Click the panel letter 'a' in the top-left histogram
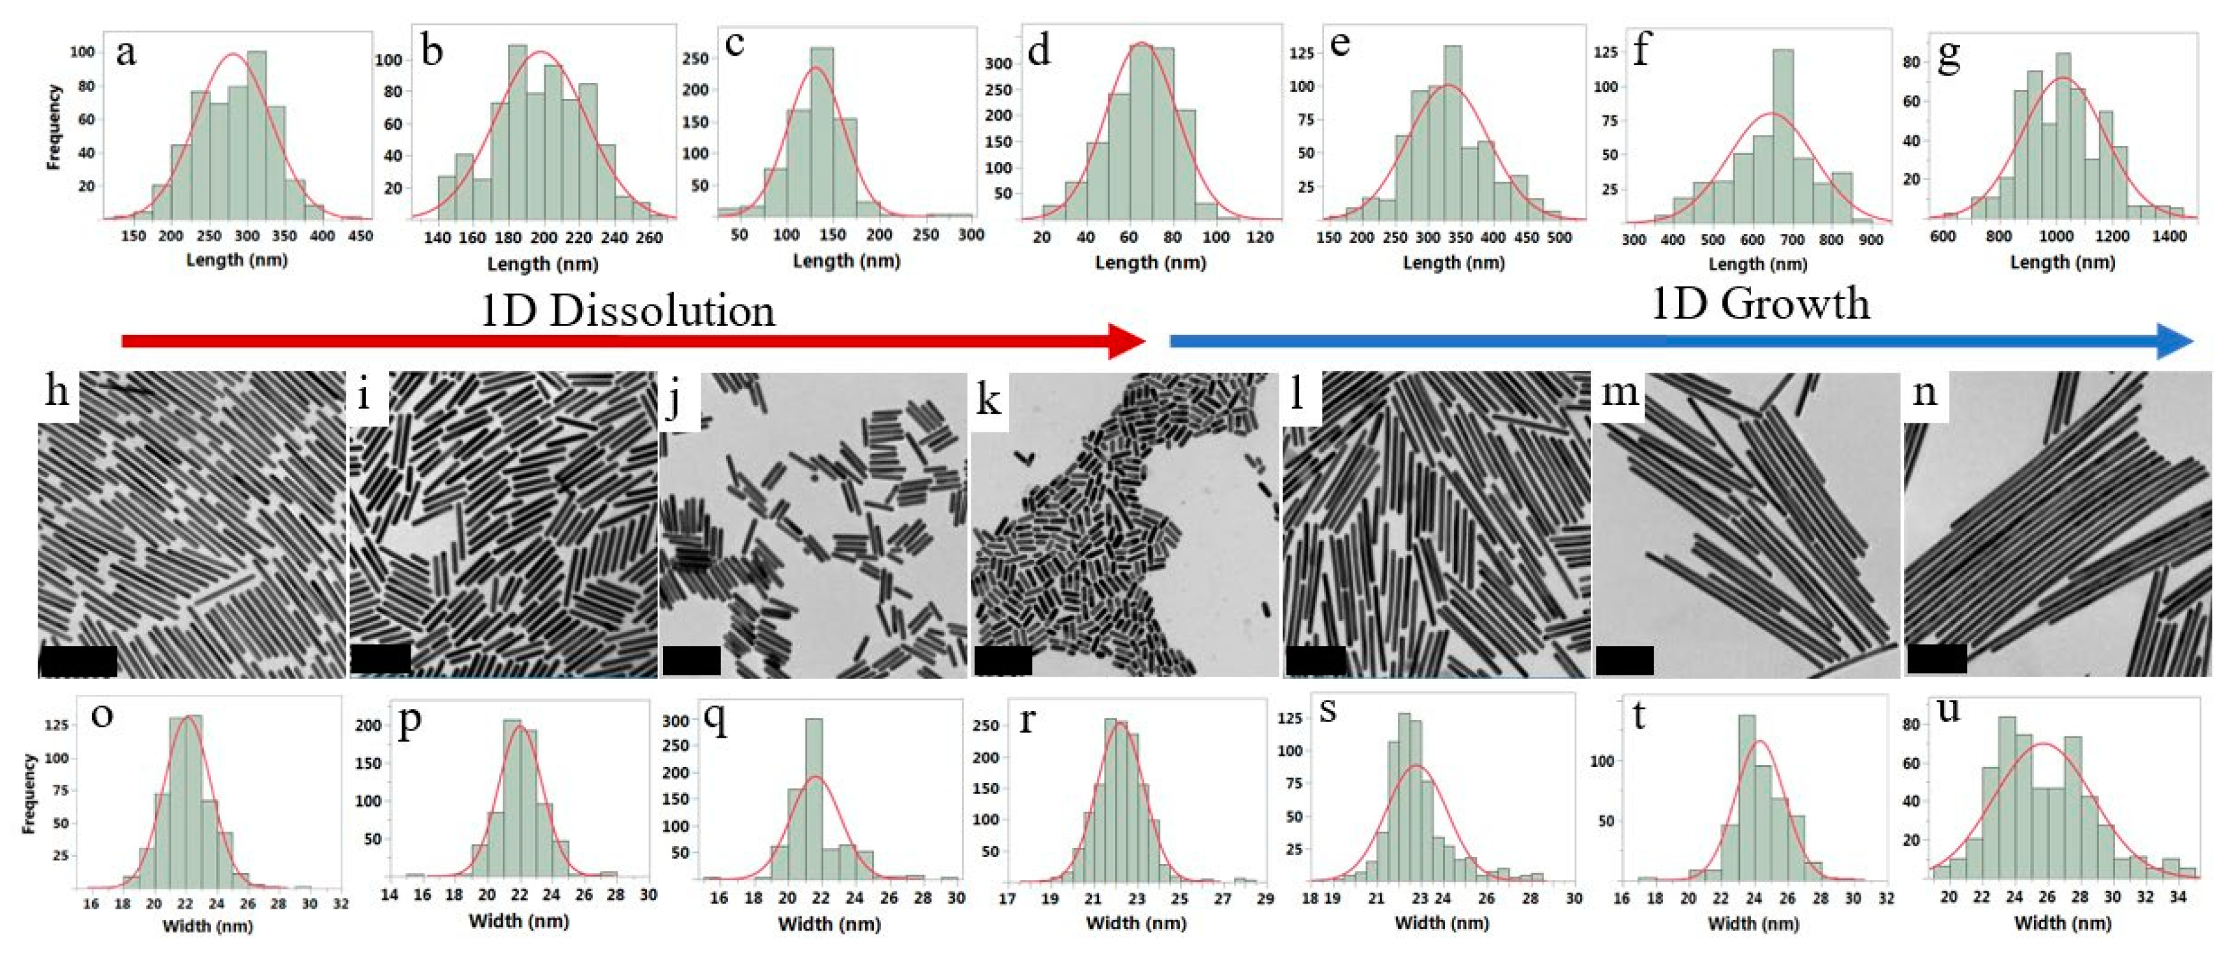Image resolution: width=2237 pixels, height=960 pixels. (x=126, y=54)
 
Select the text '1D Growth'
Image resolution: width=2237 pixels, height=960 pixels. (x=1759, y=304)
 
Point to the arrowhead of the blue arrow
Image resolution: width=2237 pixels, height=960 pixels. (x=2175, y=340)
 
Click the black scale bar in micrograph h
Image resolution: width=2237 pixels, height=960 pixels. (x=78, y=661)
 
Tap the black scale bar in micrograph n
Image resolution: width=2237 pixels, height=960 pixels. (x=1937, y=659)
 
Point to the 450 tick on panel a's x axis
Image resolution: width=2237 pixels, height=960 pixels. (x=360, y=236)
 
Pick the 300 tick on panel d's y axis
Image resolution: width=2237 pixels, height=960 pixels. (x=998, y=64)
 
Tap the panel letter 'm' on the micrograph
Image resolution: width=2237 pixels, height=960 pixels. (x=1619, y=392)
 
